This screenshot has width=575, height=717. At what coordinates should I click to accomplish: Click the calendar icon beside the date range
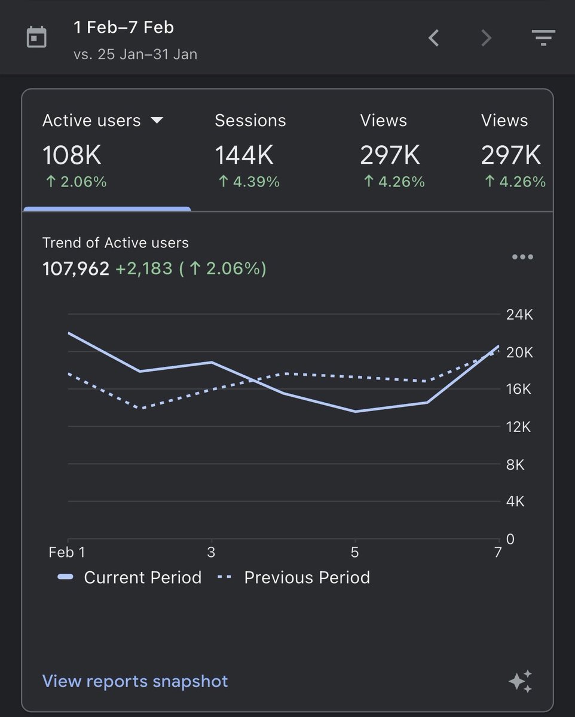[x=36, y=38]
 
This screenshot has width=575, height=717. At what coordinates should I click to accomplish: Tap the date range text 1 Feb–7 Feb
[x=124, y=27]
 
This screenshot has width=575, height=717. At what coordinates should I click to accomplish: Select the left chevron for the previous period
[x=434, y=38]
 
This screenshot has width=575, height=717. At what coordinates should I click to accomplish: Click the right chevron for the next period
[x=486, y=38]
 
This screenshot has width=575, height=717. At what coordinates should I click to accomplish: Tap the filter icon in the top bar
[x=543, y=38]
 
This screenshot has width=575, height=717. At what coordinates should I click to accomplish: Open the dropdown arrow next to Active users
[x=157, y=120]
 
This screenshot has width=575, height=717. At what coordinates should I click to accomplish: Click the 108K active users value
[x=72, y=156]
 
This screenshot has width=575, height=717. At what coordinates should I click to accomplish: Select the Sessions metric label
[x=250, y=121]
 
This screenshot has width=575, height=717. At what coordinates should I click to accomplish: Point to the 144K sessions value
[x=244, y=156]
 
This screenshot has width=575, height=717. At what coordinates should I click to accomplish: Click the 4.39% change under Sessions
[x=249, y=182]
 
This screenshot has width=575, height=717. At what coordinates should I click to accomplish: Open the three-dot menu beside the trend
[x=522, y=257]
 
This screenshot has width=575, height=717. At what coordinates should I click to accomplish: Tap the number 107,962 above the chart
[x=76, y=269]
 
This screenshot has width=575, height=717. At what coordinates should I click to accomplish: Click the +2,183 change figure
[x=143, y=269]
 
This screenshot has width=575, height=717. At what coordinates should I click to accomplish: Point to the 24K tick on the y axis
[x=519, y=315]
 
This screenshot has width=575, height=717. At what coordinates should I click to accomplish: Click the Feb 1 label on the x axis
[x=66, y=553]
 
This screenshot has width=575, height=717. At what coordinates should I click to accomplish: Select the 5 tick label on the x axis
[x=354, y=553]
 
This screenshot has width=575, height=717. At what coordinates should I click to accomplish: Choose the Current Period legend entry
[x=130, y=578]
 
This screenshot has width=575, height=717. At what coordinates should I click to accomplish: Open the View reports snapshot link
[x=135, y=681]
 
